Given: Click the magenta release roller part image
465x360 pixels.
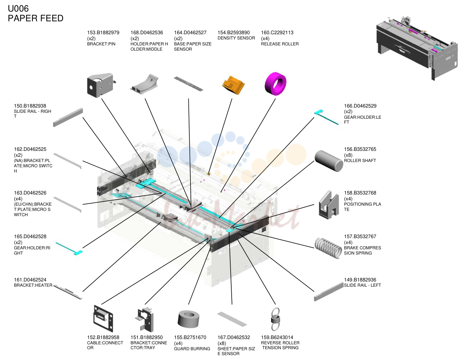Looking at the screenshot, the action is [275, 84].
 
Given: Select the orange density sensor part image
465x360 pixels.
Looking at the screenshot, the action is [233, 85].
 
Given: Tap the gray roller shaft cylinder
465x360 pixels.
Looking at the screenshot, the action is [329, 161].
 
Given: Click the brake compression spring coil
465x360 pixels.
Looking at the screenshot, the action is [328, 248].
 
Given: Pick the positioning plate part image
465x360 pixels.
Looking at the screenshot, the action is [329, 205].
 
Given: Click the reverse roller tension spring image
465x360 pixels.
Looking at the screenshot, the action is [275, 319].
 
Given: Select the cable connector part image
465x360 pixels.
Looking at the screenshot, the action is [103, 319].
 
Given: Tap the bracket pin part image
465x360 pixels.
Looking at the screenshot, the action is [101, 85].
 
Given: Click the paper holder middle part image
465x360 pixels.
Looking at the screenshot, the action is [144, 84].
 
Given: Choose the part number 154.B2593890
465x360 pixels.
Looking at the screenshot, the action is [233, 32].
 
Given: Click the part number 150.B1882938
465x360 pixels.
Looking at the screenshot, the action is [30, 106].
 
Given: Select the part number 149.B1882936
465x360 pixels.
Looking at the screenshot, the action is [360, 280].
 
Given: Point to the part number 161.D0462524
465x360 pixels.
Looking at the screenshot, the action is [30, 280].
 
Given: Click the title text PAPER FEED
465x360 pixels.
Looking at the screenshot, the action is [36, 18].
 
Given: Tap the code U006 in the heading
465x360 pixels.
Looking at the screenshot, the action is [18, 9].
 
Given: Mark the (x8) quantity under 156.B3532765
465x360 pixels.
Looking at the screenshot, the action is [348, 155].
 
